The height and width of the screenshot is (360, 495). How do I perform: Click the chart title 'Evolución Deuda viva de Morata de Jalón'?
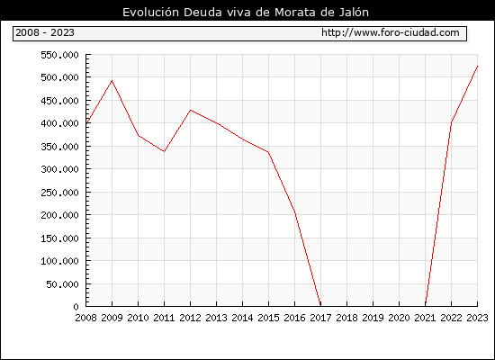tap(246, 13)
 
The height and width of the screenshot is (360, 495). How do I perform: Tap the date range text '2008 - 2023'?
tap(45, 32)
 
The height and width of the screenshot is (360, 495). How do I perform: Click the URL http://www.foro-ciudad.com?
tap(391, 32)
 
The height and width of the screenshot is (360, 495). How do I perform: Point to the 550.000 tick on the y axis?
tap(59, 55)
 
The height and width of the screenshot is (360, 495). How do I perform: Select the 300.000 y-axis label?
tap(59, 169)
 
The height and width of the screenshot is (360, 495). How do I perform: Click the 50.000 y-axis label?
tap(62, 284)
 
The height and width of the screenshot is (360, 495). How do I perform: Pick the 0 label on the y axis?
tap(76, 307)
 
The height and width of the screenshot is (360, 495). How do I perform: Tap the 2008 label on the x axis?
tap(85, 318)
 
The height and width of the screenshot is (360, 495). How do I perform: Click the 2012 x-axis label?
tap(191, 318)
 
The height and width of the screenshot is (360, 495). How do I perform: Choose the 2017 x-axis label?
tap(320, 318)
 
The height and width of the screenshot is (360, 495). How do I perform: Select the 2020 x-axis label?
tap(399, 318)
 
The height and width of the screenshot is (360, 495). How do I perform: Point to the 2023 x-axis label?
tap(477, 318)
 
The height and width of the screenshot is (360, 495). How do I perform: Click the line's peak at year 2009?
tap(112, 81)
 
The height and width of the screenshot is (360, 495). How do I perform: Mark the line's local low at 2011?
tap(164, 151)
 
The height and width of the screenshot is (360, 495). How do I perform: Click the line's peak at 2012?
tap(191, 110)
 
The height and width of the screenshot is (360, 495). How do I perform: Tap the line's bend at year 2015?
tap(268, 152)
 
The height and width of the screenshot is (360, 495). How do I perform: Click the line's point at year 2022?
tap(452, 122)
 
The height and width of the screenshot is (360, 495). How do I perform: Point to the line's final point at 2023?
tap(477, 67)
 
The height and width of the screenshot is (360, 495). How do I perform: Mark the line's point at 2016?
tap(295, 212)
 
